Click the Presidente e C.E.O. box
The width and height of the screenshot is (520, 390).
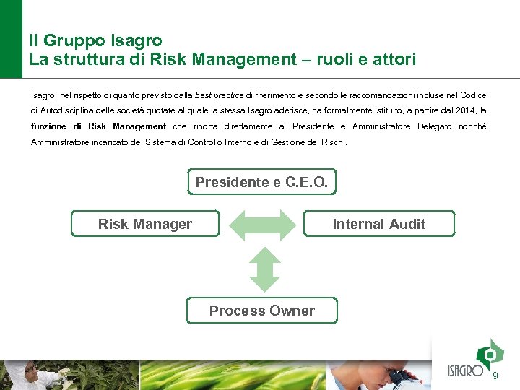(261, 182)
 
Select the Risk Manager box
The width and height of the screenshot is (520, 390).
(145, 224)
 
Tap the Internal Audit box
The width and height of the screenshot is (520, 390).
(379, 224)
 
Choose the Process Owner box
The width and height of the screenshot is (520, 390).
(261, 311)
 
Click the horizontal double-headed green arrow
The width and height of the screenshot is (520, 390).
(262, 224)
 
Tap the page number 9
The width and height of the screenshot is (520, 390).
(495, 376)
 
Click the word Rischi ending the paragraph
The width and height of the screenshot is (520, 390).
(334, 142)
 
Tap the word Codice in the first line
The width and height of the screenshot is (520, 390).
(473, 95)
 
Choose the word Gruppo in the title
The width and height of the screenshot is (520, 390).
(77, 40)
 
